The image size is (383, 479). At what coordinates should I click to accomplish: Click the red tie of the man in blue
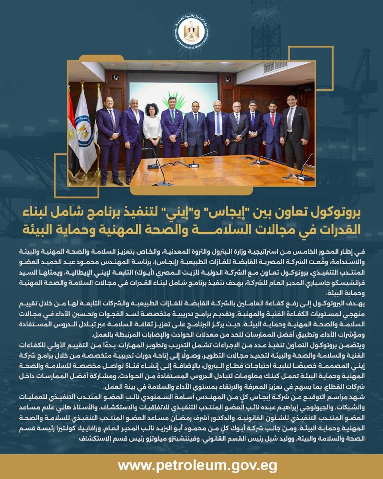point(272,119)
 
